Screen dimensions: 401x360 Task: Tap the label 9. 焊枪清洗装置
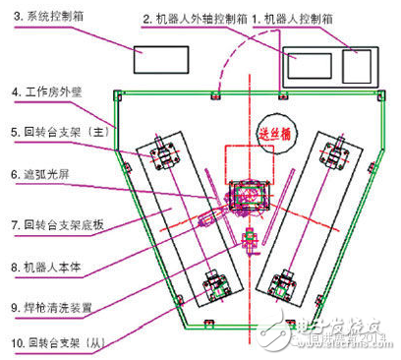[x=54, y=304]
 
